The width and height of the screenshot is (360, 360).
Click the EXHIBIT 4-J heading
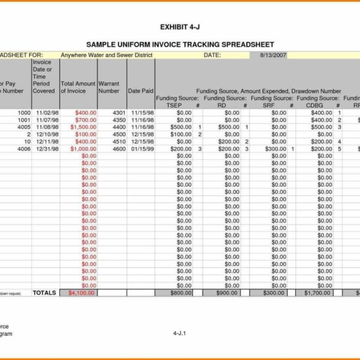[180, 27]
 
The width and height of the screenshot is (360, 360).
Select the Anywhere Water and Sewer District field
[107, 55]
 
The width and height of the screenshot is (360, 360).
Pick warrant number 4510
[119, 141]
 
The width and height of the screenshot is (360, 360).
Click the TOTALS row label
[44, 293]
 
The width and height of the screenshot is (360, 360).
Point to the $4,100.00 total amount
[82, 293]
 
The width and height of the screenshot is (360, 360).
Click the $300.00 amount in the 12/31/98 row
[275, 149]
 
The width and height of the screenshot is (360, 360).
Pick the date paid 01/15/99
[143, 149]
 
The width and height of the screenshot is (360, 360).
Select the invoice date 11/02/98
[47, 113]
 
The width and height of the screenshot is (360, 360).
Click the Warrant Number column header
[108, 87]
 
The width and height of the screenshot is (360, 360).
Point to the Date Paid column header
[141, 91]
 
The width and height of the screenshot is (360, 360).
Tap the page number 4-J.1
[180, 333]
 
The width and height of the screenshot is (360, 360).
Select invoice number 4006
[23, 149]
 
